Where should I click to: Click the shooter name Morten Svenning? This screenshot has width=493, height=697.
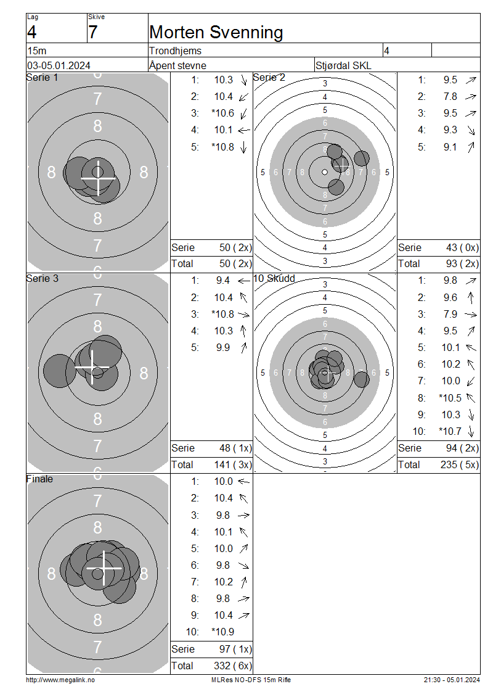(216, 33)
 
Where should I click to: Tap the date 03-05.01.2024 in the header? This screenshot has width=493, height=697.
(59, 66)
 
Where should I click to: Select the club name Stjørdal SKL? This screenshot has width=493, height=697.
(343, 66)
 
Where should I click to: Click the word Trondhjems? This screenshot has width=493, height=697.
(175, 51)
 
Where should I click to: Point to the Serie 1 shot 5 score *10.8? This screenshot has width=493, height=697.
(222, 147)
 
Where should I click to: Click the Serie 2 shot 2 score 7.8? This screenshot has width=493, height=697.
(450, 96)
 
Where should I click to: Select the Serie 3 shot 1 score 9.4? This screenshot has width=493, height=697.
(222, 281)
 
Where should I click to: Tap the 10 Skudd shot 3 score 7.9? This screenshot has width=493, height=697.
(450, 315)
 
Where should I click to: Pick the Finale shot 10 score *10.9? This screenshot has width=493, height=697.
(222, 632)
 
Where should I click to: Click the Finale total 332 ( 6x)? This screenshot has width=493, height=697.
(233, 666)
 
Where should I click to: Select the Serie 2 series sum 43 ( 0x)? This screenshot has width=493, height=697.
(462, 247)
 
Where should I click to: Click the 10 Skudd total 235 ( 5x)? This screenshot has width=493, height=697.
(460, 464)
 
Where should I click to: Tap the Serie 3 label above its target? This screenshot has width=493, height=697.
(42, 279)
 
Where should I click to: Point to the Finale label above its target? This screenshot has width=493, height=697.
(39, 479)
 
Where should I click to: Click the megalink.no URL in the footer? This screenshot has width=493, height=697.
(60, 680)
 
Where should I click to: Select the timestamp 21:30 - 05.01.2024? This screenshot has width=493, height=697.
(452, 680)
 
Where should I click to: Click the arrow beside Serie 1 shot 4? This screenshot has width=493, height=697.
(244, 130)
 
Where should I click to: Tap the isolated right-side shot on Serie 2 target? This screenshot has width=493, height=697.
(362, 159)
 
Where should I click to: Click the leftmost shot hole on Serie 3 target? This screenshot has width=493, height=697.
(60, 371)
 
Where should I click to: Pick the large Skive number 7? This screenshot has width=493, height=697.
(93, 33)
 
